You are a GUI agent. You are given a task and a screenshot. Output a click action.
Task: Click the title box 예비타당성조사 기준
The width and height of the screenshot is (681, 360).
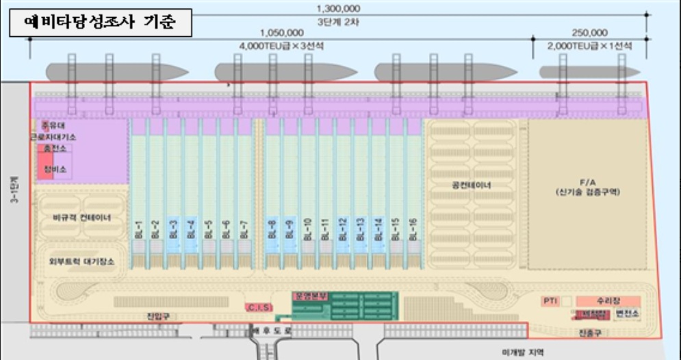pyautogui.click(x=100, y=23)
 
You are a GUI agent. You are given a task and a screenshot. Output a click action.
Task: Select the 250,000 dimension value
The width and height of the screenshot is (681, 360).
pyautogui.click(x=589, y=32)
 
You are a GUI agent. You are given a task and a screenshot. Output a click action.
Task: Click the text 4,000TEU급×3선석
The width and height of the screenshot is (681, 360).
pyautogui.click(x=281, y=46)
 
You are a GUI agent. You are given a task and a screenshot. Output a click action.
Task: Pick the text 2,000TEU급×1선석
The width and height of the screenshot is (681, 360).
pyautogui.click(x=589, y=46)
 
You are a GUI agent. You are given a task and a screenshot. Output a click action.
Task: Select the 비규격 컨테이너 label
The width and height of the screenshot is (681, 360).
pyautogui.click(x=81, y=218)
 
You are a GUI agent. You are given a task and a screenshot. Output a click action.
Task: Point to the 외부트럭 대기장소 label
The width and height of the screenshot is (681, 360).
pyautogui.click(x=81, y=261)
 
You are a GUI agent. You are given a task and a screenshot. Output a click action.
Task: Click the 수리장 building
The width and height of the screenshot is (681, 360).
pyautogui.click(x=608, y=300)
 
